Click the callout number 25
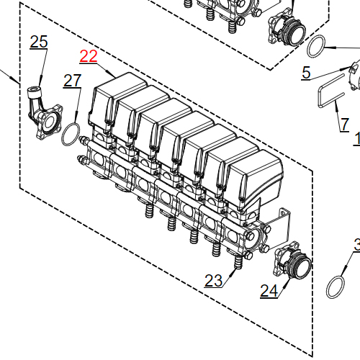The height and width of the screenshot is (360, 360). [38, 42]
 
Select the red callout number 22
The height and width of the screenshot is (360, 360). [88, 57]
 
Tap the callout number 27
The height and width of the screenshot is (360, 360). [72, 81]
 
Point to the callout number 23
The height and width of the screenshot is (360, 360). [213, 280]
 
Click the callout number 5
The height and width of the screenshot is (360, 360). [306, 73]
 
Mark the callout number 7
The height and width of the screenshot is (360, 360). [344, 124]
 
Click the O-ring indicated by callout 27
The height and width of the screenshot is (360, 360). [71, 133]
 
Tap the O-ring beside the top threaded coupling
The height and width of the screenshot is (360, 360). [315, 48]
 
